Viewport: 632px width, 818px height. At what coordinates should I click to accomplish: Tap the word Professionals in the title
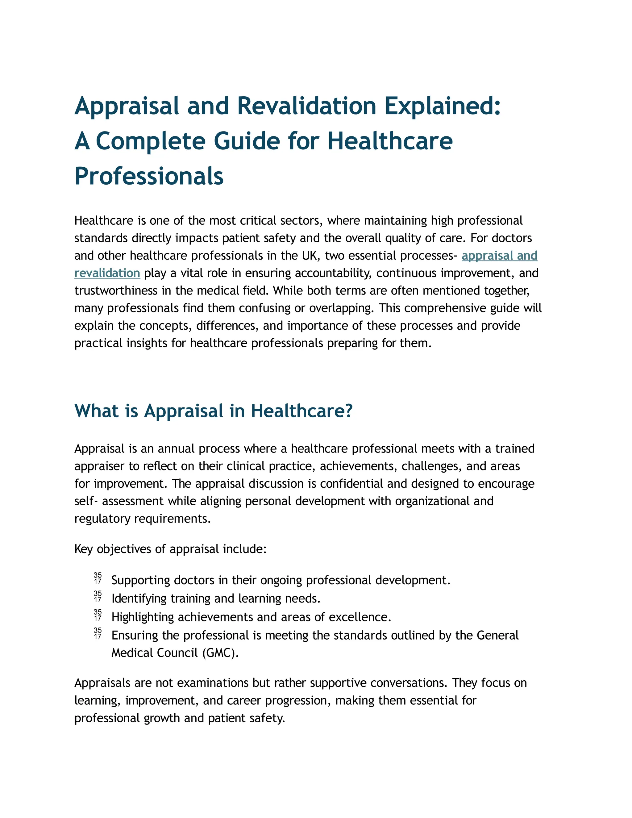(x=149, y=176)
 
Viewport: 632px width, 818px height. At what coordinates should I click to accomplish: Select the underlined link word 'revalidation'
(x=107, y=273)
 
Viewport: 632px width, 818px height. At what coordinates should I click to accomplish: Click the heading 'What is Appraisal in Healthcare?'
(x=214, y=411)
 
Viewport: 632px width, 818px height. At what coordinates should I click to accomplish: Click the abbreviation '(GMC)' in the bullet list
(x=220, y=653)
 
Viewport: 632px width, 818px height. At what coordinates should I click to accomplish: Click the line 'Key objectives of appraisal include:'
(x=170, y=549)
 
